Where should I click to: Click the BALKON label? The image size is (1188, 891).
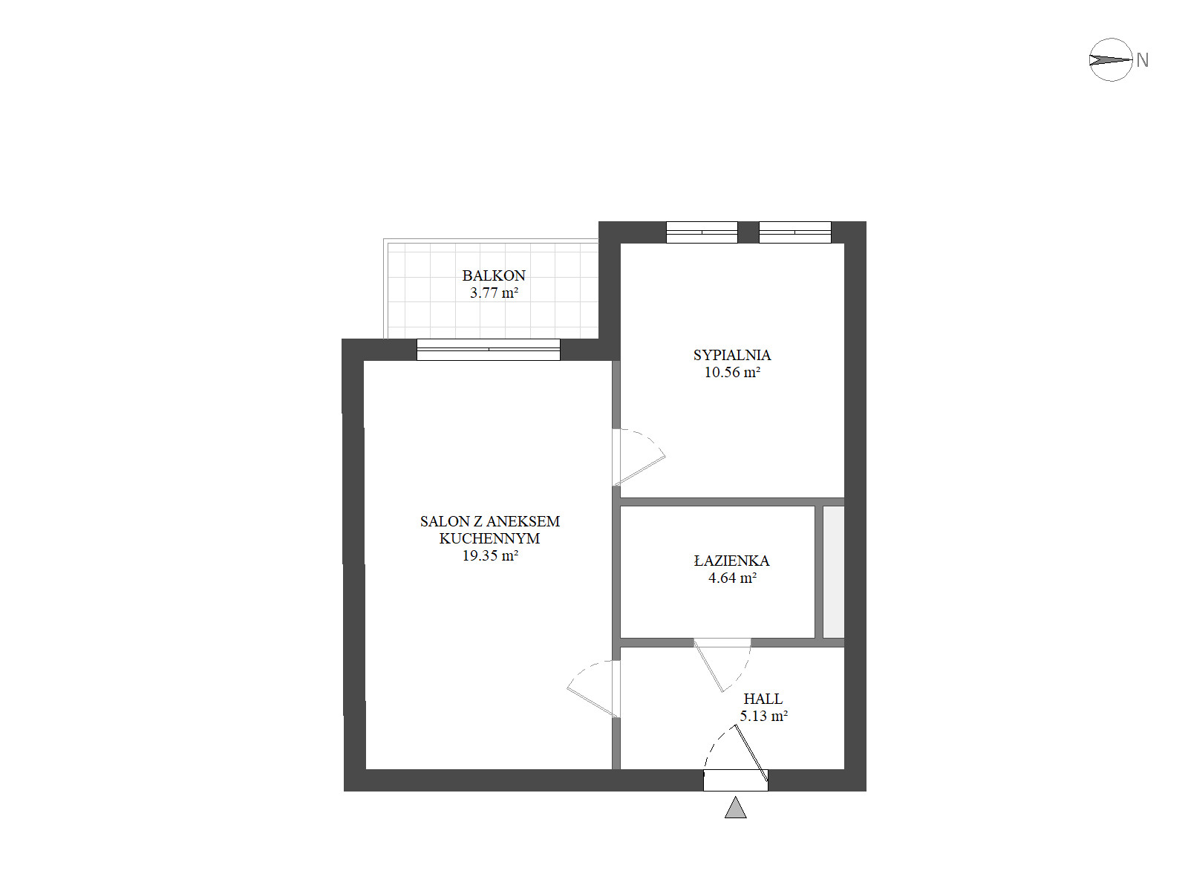(493, 275)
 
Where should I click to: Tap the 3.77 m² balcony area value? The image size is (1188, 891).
(494, 293)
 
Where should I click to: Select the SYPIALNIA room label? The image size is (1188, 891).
(731, 355)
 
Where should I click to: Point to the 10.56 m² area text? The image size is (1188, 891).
(732, 372)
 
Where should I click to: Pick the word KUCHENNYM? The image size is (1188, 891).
(489, 538)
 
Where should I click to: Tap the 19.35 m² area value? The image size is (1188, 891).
(490, 555)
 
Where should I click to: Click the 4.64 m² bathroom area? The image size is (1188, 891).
(732, 578)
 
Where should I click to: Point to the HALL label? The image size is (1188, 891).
(763, 699)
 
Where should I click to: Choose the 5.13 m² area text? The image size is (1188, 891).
(763, 716)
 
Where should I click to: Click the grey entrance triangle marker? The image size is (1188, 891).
(735, 808)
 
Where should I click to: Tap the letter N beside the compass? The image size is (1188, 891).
(1142, 60)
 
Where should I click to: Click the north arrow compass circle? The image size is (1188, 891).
(1111, 39)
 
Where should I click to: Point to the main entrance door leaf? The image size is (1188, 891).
(751, 754)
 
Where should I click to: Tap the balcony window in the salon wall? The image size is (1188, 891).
(488, 350)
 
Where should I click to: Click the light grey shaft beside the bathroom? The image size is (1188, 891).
(834, 572)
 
